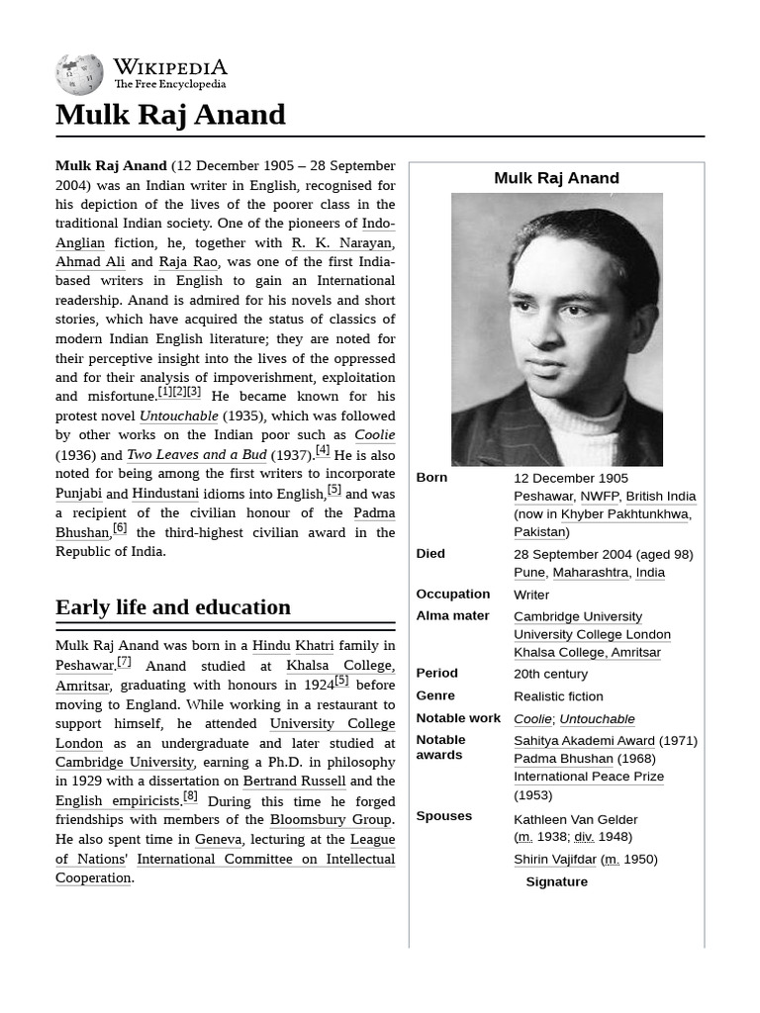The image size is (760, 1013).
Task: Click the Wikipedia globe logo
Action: click(x=79, y=74)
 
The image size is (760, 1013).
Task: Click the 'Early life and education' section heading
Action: click(x=173, y=607)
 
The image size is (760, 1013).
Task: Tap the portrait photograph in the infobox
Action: click(x=556, y=329)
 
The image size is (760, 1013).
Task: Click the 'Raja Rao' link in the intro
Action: click(x=188, y=262)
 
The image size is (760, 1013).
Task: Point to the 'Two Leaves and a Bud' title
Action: click(x=196, y=455)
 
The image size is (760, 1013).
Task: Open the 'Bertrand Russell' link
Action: click(x=294, y=782)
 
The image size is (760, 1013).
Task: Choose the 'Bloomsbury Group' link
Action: click(x=331, y=820)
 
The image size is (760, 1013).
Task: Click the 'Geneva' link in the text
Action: click(x=218, y=840)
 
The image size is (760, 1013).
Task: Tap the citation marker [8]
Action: click(x=190, y=796)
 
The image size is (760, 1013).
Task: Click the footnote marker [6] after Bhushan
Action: click(x=119, y=528)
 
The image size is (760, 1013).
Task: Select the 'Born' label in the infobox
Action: click(x=431, y=478)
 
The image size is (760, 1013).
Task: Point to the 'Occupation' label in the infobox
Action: click(x=452, y=595)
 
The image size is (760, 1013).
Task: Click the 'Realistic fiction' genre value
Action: click(x=558, y=696)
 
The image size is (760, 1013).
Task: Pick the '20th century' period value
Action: click(x=550, y=674)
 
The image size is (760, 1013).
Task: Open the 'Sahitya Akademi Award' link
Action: click(x=584, y=741)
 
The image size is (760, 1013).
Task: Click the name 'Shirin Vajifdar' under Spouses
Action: click(x=554, y=860)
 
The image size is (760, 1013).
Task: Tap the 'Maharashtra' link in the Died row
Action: click(x=591, y=573)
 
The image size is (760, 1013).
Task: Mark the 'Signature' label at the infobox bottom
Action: click(x=556, y=882)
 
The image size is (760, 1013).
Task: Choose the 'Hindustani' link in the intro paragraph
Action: click(x=165, y=494)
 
